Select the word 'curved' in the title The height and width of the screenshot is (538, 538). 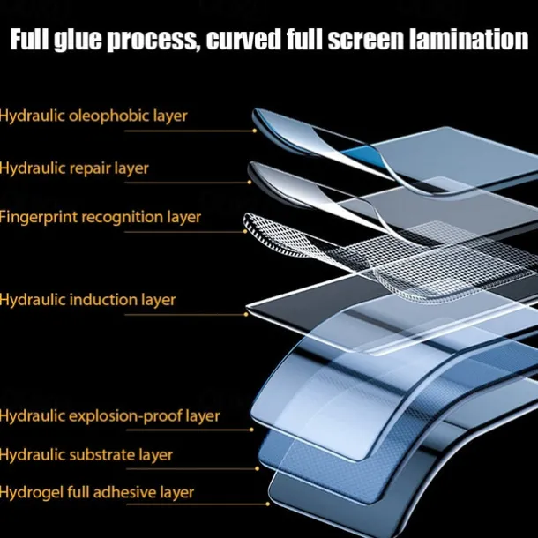pyautogui.click(x=243, y=41)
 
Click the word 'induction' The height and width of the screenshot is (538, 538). pyautogui.click(x=107, y=300)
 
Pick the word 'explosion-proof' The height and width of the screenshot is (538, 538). pyautogui.click(x=133, y=416)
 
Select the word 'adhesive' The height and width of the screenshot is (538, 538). pyautogui.click(x=136, y=492)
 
